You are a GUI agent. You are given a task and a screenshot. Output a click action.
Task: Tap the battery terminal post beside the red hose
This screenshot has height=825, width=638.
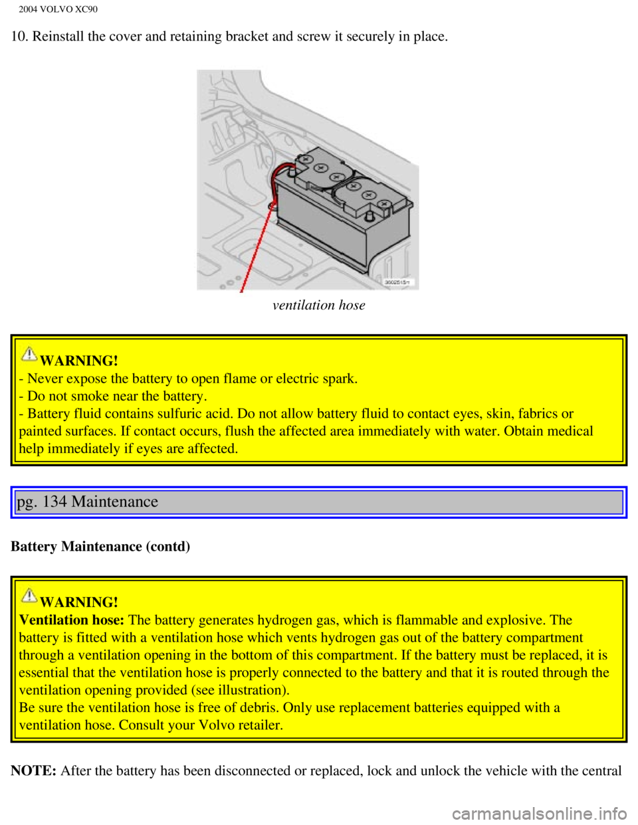(291, 174)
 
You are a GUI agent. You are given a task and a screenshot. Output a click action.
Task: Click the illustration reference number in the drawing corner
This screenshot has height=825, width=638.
(398, 282)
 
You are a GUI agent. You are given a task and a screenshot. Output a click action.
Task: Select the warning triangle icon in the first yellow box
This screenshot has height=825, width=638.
(29, 354)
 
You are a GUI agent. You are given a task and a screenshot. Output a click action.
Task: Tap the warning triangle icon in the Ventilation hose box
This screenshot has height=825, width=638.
(29, 596)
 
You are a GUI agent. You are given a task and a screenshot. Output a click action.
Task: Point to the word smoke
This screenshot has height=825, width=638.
(91, 397)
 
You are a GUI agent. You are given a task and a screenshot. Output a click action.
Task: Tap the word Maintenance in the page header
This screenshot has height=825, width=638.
(114, 502)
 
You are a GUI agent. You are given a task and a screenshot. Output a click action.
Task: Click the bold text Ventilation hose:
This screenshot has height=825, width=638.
(71, 620)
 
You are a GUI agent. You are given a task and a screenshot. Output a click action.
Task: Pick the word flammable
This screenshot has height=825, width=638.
(426, 620)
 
